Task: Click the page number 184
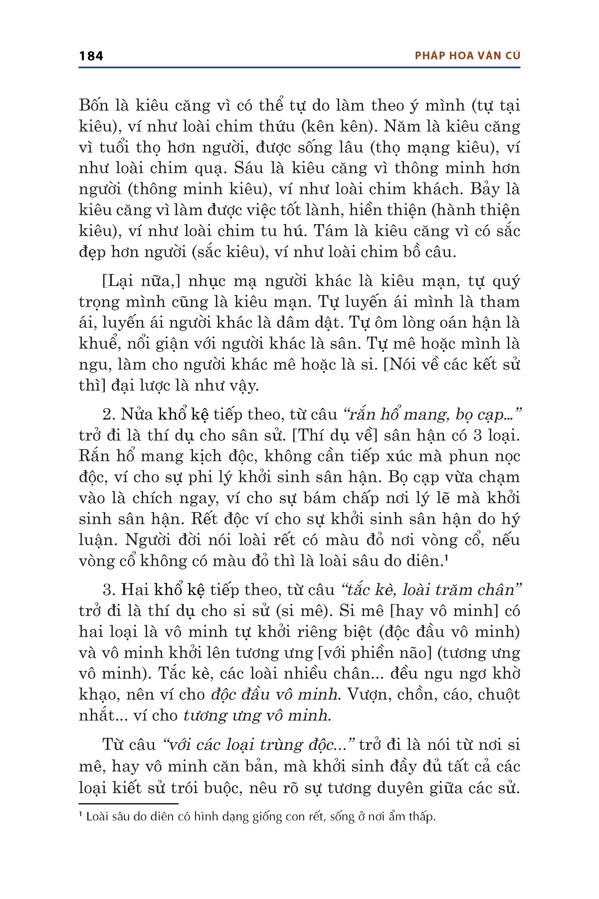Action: (x=91, y=56)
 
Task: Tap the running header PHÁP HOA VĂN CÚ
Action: (x=467, y=56)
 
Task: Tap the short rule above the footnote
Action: (x=128, y=804)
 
